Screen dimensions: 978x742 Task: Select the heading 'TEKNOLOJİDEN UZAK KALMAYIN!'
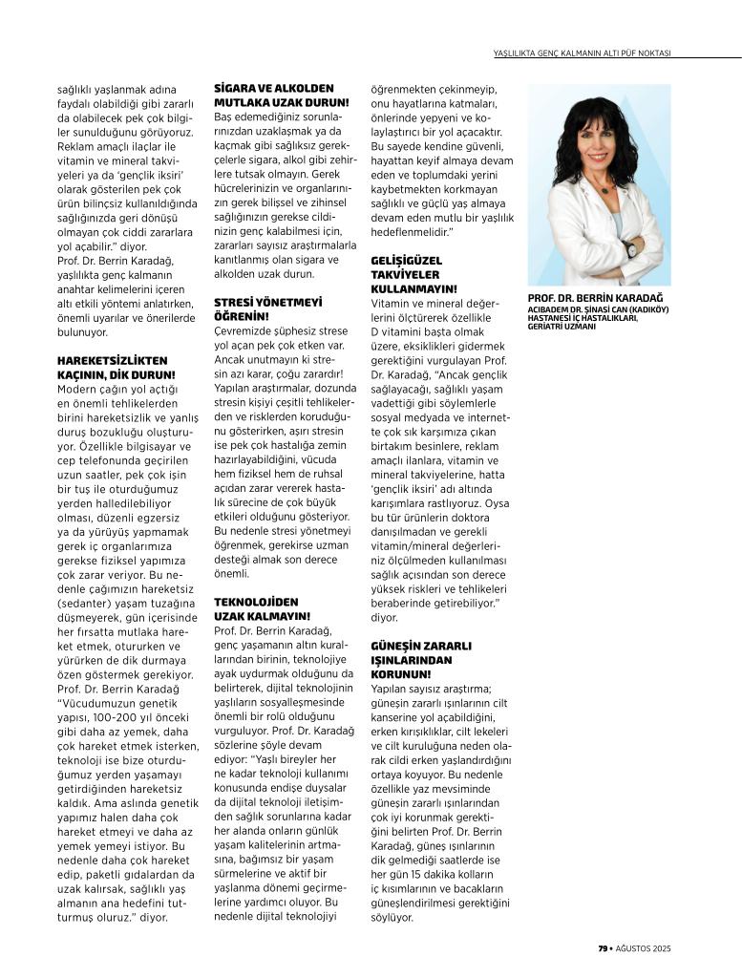256,609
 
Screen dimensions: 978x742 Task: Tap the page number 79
604,948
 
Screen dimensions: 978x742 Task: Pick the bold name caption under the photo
585,298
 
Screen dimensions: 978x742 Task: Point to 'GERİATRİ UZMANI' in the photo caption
562,326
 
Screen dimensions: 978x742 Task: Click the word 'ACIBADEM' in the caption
547,309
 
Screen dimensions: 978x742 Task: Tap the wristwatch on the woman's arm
630,249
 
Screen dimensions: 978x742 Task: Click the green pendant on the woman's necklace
603,188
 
